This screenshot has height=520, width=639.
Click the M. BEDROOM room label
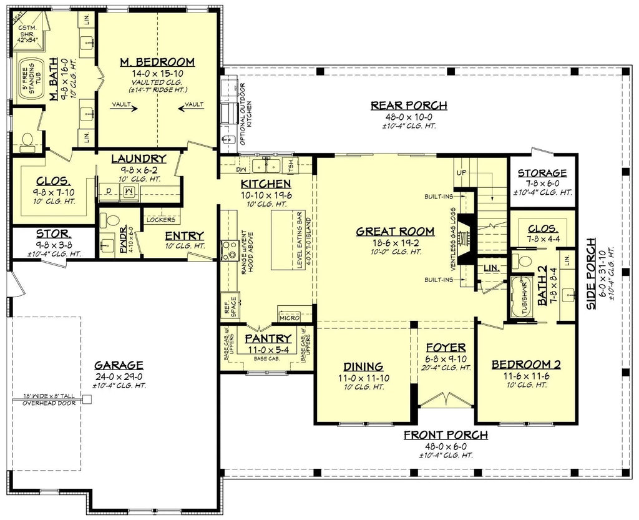(x=157, y=62)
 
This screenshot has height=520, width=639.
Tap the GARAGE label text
(x=119, y=365)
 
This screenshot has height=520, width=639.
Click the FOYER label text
(x=444, y=347)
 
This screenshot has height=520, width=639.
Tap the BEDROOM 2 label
(x=525, y=365)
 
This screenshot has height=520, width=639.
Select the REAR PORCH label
(x=409, y=105)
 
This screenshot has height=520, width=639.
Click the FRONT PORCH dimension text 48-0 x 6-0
(x=446, y=446)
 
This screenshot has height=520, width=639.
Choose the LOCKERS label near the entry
(x=160, y=220)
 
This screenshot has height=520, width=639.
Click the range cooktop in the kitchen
(x=227, y=250)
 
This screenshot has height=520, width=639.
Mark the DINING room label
(x=363, y=366)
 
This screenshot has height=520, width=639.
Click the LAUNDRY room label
(x=139, y=159)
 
